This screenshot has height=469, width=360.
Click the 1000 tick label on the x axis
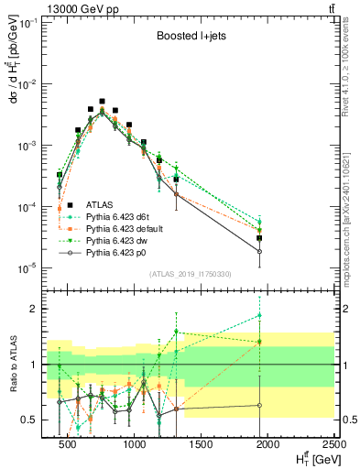coord(134,446)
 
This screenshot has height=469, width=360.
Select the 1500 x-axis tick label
coord(201,446)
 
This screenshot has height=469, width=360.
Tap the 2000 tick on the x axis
coord(267,446)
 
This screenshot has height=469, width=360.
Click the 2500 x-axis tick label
coord(333,446)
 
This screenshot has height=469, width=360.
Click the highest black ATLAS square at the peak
coord(103,102)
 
